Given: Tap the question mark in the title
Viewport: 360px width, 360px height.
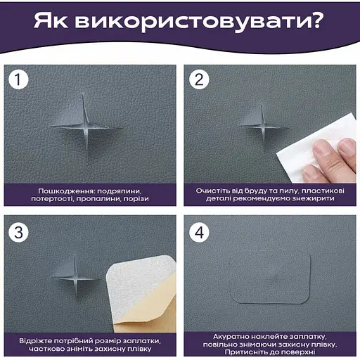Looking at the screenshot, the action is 319,19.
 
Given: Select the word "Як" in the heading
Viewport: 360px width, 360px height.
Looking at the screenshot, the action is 51,20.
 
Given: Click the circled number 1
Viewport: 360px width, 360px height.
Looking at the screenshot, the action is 18,79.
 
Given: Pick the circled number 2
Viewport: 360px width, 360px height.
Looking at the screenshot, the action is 199,79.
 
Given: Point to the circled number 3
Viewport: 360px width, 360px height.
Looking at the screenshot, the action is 18,232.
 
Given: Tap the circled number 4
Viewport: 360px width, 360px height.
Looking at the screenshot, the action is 199,232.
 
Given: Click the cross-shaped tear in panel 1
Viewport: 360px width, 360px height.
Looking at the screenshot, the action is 86,129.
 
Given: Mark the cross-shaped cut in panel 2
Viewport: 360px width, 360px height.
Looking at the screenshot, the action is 263,127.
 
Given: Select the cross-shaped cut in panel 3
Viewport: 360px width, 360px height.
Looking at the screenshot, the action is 75,278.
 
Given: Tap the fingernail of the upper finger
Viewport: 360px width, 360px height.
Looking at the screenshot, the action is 347,146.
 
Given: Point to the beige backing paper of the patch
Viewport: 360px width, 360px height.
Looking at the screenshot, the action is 150,314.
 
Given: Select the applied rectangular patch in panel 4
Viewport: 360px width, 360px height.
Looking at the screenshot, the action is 271,278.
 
